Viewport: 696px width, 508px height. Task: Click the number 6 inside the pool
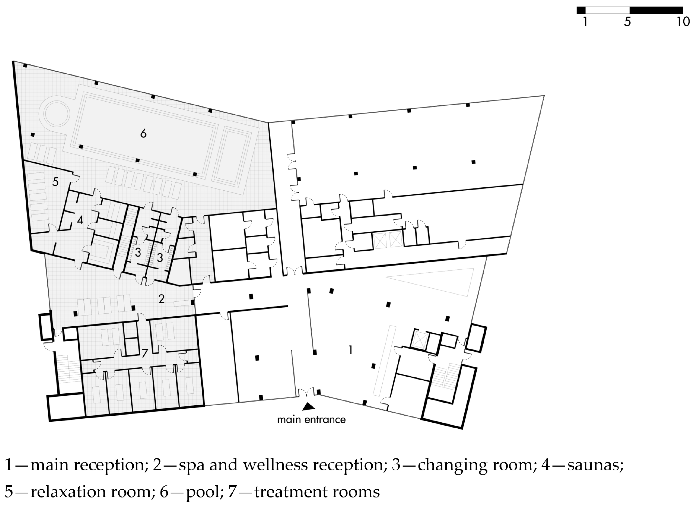143,133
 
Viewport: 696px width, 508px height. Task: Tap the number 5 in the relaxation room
55,182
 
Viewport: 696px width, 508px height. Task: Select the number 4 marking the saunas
80,220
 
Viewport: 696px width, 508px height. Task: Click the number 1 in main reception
350,350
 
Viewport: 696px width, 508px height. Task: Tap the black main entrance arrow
308,407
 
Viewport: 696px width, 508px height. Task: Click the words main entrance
311,420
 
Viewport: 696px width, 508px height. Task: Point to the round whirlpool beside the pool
56,113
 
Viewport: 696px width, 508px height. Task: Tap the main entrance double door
306,393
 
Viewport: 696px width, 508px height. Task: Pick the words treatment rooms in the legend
317,492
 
